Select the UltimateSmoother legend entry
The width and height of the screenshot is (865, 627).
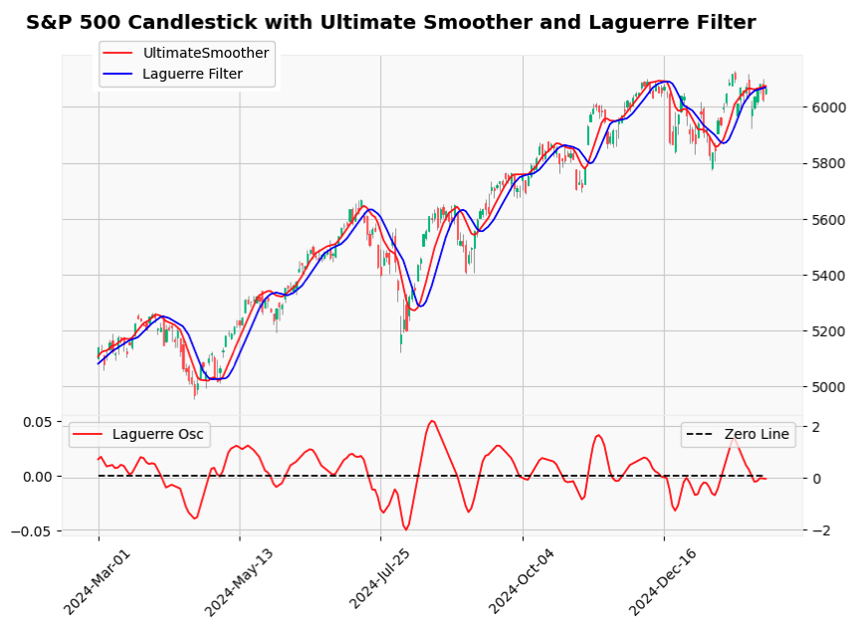[205, 53]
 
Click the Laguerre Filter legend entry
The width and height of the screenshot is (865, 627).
[192, 73]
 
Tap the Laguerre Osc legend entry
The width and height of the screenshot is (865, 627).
[155, 434]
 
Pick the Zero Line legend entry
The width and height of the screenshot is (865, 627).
[756, 434]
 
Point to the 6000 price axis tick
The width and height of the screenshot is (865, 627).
[830, 107]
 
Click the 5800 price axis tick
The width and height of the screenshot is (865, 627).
[830, 163]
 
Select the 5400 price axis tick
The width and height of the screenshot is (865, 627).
[830, 276]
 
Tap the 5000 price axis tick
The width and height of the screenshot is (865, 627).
[830, 387]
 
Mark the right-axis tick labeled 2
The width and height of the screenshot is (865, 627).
[815, 427]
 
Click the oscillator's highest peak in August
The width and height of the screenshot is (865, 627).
[431, 421]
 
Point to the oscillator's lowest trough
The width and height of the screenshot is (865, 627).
[406, 529]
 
